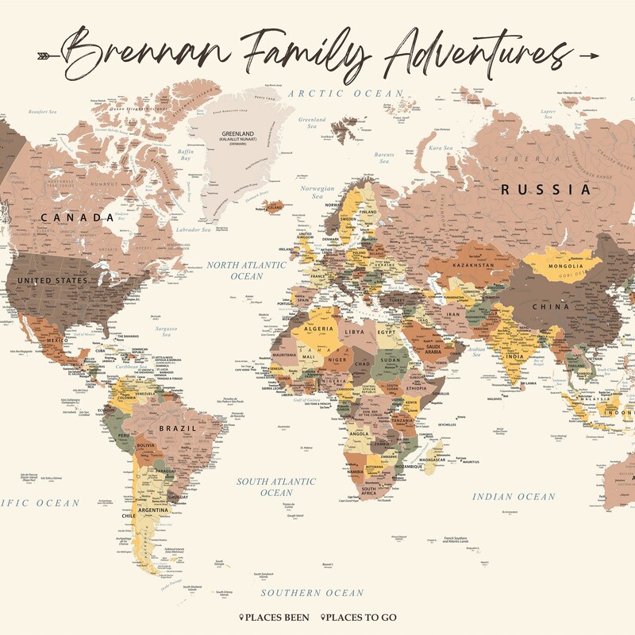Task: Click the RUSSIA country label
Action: coord(545,190)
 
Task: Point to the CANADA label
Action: coord(77,217)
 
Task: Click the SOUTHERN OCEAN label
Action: coord(313,593)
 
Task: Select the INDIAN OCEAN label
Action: coord(514,496)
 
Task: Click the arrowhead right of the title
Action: coord(589,55)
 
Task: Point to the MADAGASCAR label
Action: coord(437,460)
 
